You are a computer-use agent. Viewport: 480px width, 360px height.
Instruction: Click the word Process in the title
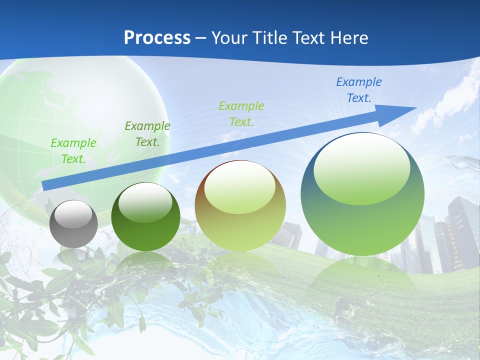[157, 37]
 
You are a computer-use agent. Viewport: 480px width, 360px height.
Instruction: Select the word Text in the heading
[309, 37]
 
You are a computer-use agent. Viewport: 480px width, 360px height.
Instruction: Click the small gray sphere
[73, 224]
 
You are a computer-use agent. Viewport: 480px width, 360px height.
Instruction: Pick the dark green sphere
[145, 217]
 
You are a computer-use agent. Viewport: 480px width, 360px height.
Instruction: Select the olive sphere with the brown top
[240, 206]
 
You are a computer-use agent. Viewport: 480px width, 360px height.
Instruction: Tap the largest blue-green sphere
[362, 194]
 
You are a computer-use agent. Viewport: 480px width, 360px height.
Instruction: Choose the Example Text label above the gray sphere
[73, 150]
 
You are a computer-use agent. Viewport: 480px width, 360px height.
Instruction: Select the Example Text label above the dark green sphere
[147, 133]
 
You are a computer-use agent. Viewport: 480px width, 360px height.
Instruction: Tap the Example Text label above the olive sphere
[241, 113]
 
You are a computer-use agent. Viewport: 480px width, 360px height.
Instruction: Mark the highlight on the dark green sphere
[145, 202]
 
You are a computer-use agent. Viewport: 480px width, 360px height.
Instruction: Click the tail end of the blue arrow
[46, 185]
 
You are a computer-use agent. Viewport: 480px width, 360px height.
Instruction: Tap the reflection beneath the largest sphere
[362, 285]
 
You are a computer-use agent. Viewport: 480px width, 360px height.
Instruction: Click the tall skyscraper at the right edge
[462, 230]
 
